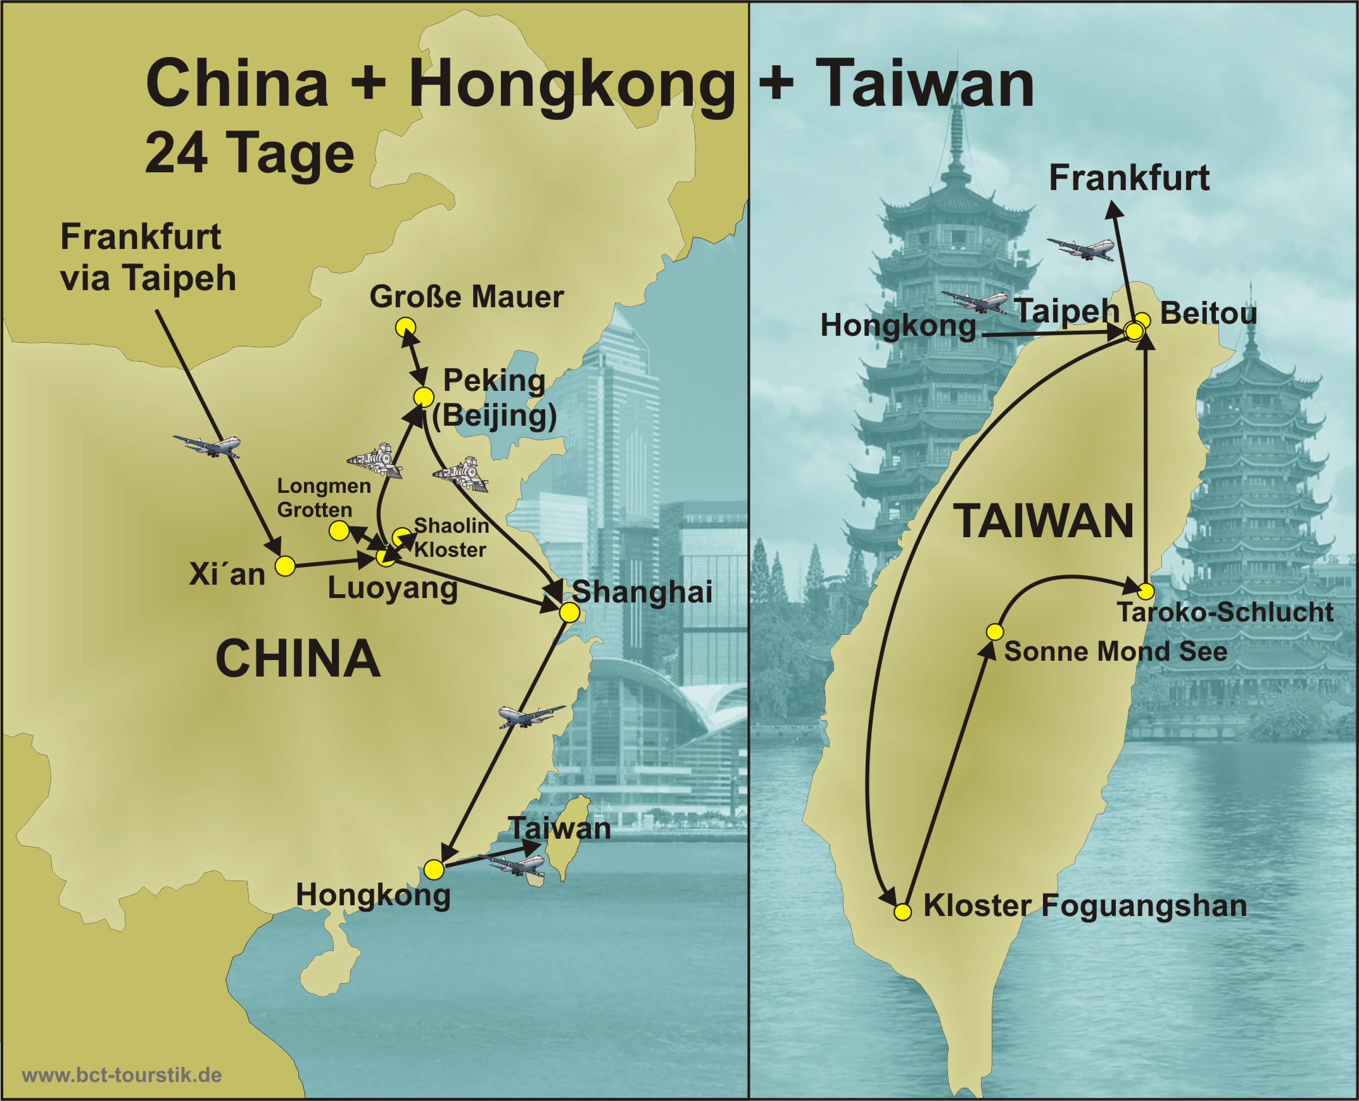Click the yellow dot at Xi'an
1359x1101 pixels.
[x=285, y=566]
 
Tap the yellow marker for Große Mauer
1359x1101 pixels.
[x=405, y=328]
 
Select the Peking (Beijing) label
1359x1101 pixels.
[x=494, y=398]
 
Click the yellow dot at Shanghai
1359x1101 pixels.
[x=569, y=612]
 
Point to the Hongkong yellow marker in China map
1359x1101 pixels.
[x=434, y=870]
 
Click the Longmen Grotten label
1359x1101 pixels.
[x=323, y=498]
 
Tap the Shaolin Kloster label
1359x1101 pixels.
[x=451, y=537]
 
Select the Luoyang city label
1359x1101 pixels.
[x=393, y=588]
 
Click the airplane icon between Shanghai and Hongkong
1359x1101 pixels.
[x=530, y=716]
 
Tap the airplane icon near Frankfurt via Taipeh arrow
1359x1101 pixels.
[x=208, y=446]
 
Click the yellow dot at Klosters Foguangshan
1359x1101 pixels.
[x=902, y=912]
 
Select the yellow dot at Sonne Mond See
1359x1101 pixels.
[x=994, y=632]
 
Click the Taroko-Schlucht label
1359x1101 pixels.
[x=1225, y=613]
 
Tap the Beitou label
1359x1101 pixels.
[x=1208, y=314]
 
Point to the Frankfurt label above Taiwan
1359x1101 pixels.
[x=1129, y=177]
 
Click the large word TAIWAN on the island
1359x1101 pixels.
[x=1044, y=521]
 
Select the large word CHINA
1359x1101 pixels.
[x=298, y=659]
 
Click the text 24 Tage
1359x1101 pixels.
[x=249, y=153]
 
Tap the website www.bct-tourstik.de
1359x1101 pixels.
[x=122, y=1075]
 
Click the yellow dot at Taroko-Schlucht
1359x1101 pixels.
[x=1146, y=592]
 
